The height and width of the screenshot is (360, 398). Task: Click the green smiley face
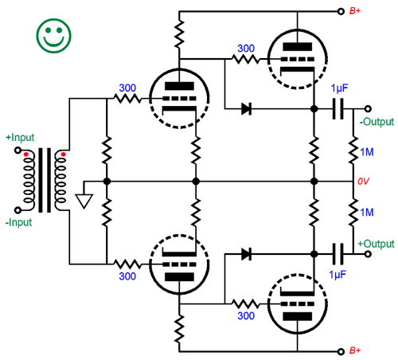(x=54, y=36)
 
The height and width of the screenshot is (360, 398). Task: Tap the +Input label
(x=20, y=138)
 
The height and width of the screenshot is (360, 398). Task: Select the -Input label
(x=18, y=222)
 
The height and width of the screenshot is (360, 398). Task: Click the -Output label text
(x=377, y=122)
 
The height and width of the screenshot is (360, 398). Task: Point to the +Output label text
(x=376, y=244)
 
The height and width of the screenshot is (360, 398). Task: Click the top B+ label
(x=355, y=11)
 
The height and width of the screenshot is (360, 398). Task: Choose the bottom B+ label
(x=355, y=350)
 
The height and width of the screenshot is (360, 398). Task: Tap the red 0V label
(x=363, y=182)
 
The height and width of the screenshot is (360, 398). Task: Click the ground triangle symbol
(x=84, y=201)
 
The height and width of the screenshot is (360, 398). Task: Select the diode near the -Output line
(x=247, y=109)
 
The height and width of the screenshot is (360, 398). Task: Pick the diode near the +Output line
(x=247, y=254)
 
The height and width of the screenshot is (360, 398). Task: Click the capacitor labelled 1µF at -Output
(x=338, y=109)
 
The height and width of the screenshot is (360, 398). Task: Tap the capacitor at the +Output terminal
(x=338, y=254)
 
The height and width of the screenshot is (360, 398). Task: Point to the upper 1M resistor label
(x=367, y=152)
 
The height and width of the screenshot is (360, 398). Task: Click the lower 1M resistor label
(x=367, y=213)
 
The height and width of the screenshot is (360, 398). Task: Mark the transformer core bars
(x=45, y=180)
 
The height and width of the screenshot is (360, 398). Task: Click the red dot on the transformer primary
(x=25, y=155)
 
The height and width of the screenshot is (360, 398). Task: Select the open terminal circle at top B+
(x=341, y=11)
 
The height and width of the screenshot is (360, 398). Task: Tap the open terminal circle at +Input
(x=18, y=151)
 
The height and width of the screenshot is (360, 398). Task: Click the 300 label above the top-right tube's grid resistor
(x=246, y=49)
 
